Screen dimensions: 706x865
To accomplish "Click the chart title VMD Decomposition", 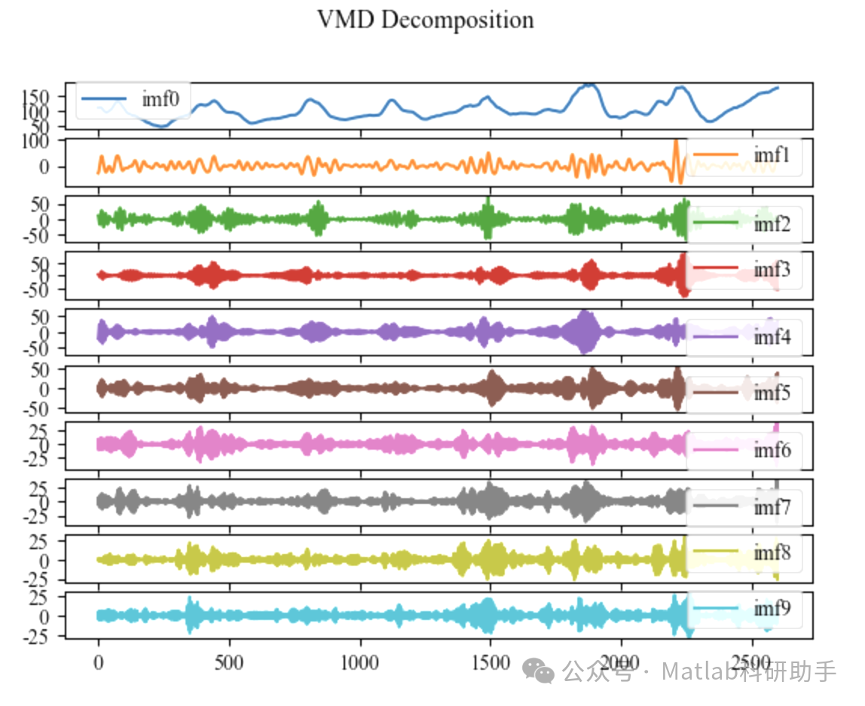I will pos(425,20).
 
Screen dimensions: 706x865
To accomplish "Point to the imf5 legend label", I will pos(772,393).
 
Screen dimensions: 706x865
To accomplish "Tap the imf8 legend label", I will pos(772,553).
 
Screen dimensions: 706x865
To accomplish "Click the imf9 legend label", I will pos(772,608).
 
